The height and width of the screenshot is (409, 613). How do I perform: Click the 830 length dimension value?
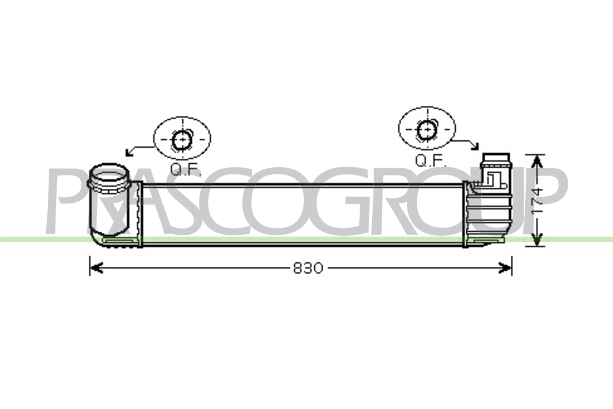(x=308, y=268)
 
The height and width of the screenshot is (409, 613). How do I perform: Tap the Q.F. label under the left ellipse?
(x=186, y=169)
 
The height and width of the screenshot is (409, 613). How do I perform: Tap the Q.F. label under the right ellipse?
(x=431, y=161)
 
